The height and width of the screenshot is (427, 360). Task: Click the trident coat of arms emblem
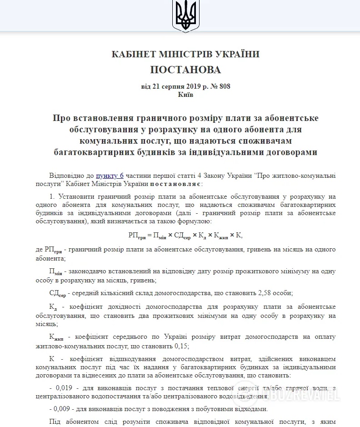click(x=185, y=15)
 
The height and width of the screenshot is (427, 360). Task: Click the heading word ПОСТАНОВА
click(x=185, y=70)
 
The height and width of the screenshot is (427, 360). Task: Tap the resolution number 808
click(x=225, y=86)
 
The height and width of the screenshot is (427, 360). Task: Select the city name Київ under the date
click(x=185, y=95)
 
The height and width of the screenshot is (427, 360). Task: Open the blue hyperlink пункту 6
click(x=110, y=176)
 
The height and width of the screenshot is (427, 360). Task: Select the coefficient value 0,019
click(x=60, y=387)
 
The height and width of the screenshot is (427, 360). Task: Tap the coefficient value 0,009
click(x=60, y=408)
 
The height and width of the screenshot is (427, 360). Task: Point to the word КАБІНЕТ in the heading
click(x=131, y=54)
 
